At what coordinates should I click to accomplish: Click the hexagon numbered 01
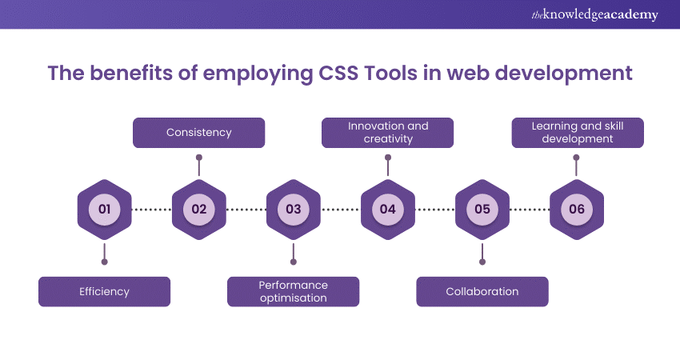(x=104, y=210)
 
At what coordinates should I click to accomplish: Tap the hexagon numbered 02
(x=198, y=210)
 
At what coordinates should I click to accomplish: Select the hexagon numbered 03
(x=294, y=210)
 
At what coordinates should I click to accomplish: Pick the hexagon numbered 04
(x=387, y=210)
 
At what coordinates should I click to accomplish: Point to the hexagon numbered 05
(x=482, y=210)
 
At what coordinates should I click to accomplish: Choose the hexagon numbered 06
(x=577, y=210)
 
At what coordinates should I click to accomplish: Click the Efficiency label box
(x=104, y=291)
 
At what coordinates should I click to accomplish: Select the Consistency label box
(x=198, y=132)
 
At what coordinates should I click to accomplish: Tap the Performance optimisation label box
(x=293, y=291)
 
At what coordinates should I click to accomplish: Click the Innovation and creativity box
(x=387, y=132)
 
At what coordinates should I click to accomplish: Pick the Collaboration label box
(x=482, y=291)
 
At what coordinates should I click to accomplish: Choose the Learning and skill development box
(x=577, y=132)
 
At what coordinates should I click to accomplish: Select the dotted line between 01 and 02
(x=151, y=210)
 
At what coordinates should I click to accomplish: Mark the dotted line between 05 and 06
(x=530, y=210)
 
